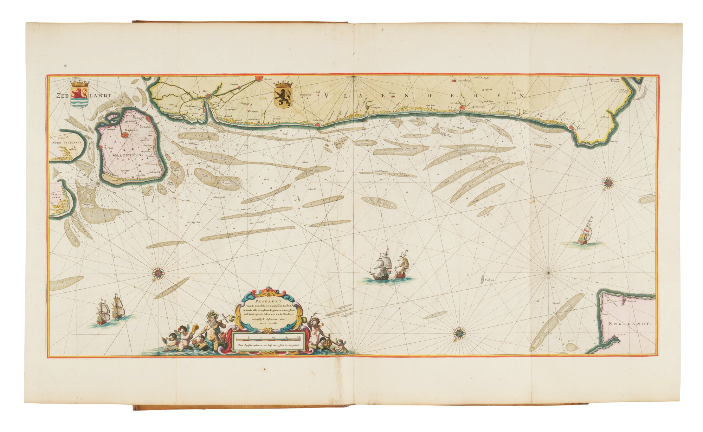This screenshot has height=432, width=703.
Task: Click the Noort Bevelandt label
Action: pyautogui.click(x=67, y=143)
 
